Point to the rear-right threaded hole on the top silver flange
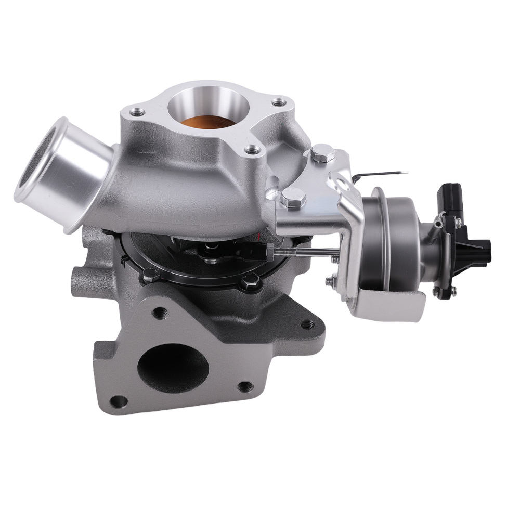point(279,102)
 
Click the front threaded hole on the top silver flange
point(253,150)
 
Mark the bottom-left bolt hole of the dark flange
point(119,401)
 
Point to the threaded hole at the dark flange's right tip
point(307,324)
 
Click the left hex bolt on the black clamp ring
point(151,275)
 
